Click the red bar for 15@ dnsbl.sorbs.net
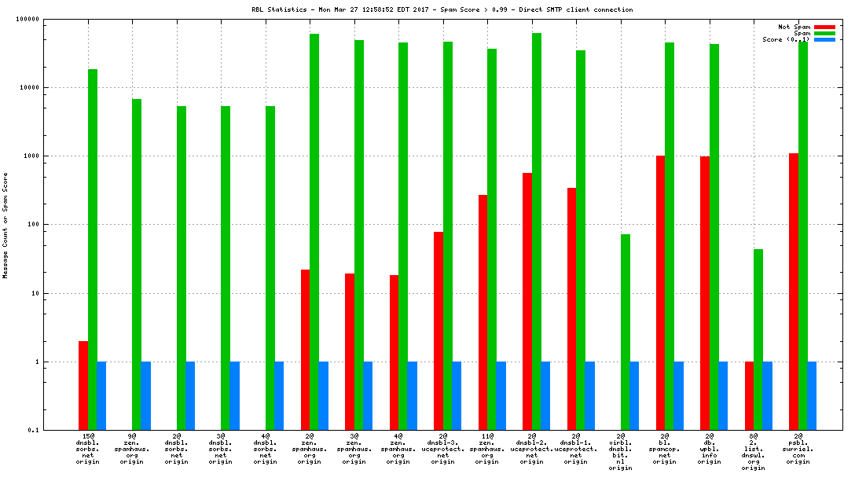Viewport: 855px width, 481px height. pyautogui.click(x=83, y=385)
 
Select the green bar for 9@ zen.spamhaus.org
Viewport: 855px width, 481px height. pyautogui.click(x=137, y=264)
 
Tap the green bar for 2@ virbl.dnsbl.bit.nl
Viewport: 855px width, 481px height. pyautogui.click(x=626, y=332)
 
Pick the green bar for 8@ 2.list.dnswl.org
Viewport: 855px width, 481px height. pyautogui.click(x=758, y=340)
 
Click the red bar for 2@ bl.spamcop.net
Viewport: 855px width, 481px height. pyautogui.click(x=660, y=292)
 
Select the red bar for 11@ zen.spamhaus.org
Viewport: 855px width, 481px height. pyautogui.click(x=483, y=312)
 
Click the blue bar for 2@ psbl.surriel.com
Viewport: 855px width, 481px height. pyautogui.click(x=812, y=395)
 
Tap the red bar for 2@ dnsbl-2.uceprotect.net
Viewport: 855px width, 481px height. pyautogui.click(x=527, y=301)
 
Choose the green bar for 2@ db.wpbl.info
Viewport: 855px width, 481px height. pyautogui.click(x=714, y=237)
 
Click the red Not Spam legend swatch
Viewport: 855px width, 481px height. pyautogui.click(x=824, y=27)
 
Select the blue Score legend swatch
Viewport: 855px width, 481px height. pyautogui.click(x=824, y=39)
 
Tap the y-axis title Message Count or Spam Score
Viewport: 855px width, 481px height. pyautogui.click(x=6, y=225)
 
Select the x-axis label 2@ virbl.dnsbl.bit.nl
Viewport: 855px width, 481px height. pyautogui.click(x=621, y=451)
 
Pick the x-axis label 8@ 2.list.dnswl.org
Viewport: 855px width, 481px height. pyautogui.click(x=754, y=451)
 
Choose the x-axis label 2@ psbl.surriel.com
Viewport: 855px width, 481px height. pyautogui.click(x=798, y=448)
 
